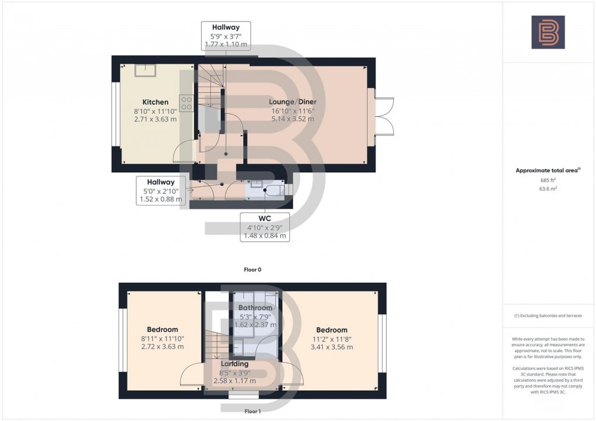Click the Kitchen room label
tap(155, 102)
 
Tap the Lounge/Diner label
tap(293, 102)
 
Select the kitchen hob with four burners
tap(186, 103)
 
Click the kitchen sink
tap(145, 70)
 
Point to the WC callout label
tap(265, 227)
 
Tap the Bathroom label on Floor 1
tap(255, 308)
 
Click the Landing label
tap(234, 364)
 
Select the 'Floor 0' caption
tap(252, 270)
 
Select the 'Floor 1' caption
tap(252, 411)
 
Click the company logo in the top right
tap(548, 32)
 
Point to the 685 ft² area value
tap(548, 180)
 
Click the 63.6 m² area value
tap(548, 189)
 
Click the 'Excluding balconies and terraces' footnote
tap(548, 315)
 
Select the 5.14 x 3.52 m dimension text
tap(293, 119)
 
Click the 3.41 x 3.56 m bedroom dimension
tap(331, 347)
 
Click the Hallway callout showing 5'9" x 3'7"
tap(226, 36)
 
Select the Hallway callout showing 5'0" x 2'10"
tap(161, 190)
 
